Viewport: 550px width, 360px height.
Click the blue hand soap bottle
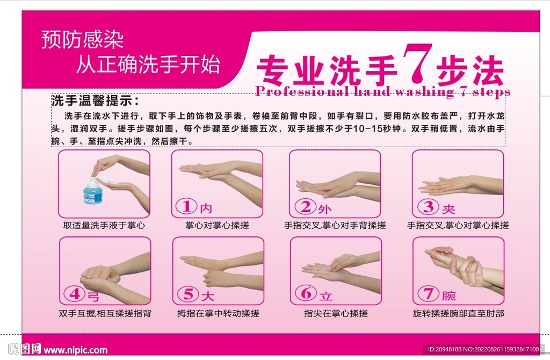[x=93, y=192]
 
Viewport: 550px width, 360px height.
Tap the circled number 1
[x=186, y=206]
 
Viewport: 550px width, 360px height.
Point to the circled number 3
[x=428, y=207]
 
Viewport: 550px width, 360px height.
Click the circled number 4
[x=75, y=294]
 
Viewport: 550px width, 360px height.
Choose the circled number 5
[x=189, y=294]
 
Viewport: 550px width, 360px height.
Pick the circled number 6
[x=306, y=293]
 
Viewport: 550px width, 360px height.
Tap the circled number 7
[x=428, y=293]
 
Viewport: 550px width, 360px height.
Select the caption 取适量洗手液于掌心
[x=104, y=225]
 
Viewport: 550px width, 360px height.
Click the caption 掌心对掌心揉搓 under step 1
[x=217, y=225]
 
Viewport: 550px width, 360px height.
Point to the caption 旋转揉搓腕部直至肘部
[x=459, y=313]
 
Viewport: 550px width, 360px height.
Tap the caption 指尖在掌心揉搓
[x=336, y=313]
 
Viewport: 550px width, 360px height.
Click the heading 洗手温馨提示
[x=95, y=100]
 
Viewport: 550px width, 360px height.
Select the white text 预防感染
[x=82, y=39]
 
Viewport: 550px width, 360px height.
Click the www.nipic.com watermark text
[x=75, y=350]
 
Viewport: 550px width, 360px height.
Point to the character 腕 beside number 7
[x=448, y=296]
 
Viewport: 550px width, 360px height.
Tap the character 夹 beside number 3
[x=448, y=209]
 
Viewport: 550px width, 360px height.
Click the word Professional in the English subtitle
[x=302, y=91]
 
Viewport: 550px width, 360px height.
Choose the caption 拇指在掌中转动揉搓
[x=218, y=313]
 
